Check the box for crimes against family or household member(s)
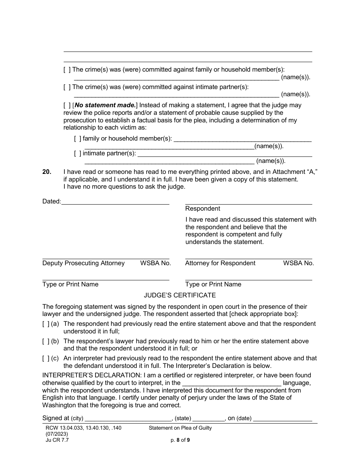point(67,70)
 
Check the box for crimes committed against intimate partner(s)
point(67,87)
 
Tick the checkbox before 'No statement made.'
point(67,105)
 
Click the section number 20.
point(47,172)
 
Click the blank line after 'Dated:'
point(115,202)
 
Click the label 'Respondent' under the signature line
point(202,209)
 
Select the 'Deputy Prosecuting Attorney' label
point(83,263)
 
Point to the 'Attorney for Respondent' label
point(220,263)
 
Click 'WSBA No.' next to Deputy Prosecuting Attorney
point(155,263)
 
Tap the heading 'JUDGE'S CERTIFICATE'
point(180,295)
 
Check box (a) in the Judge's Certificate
point(46,324)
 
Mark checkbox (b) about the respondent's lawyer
point(46,341)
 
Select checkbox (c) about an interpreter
point(46,358)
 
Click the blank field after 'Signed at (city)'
point(128,419)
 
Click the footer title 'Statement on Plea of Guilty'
point(180,428)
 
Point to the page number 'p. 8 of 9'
point(180,440)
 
